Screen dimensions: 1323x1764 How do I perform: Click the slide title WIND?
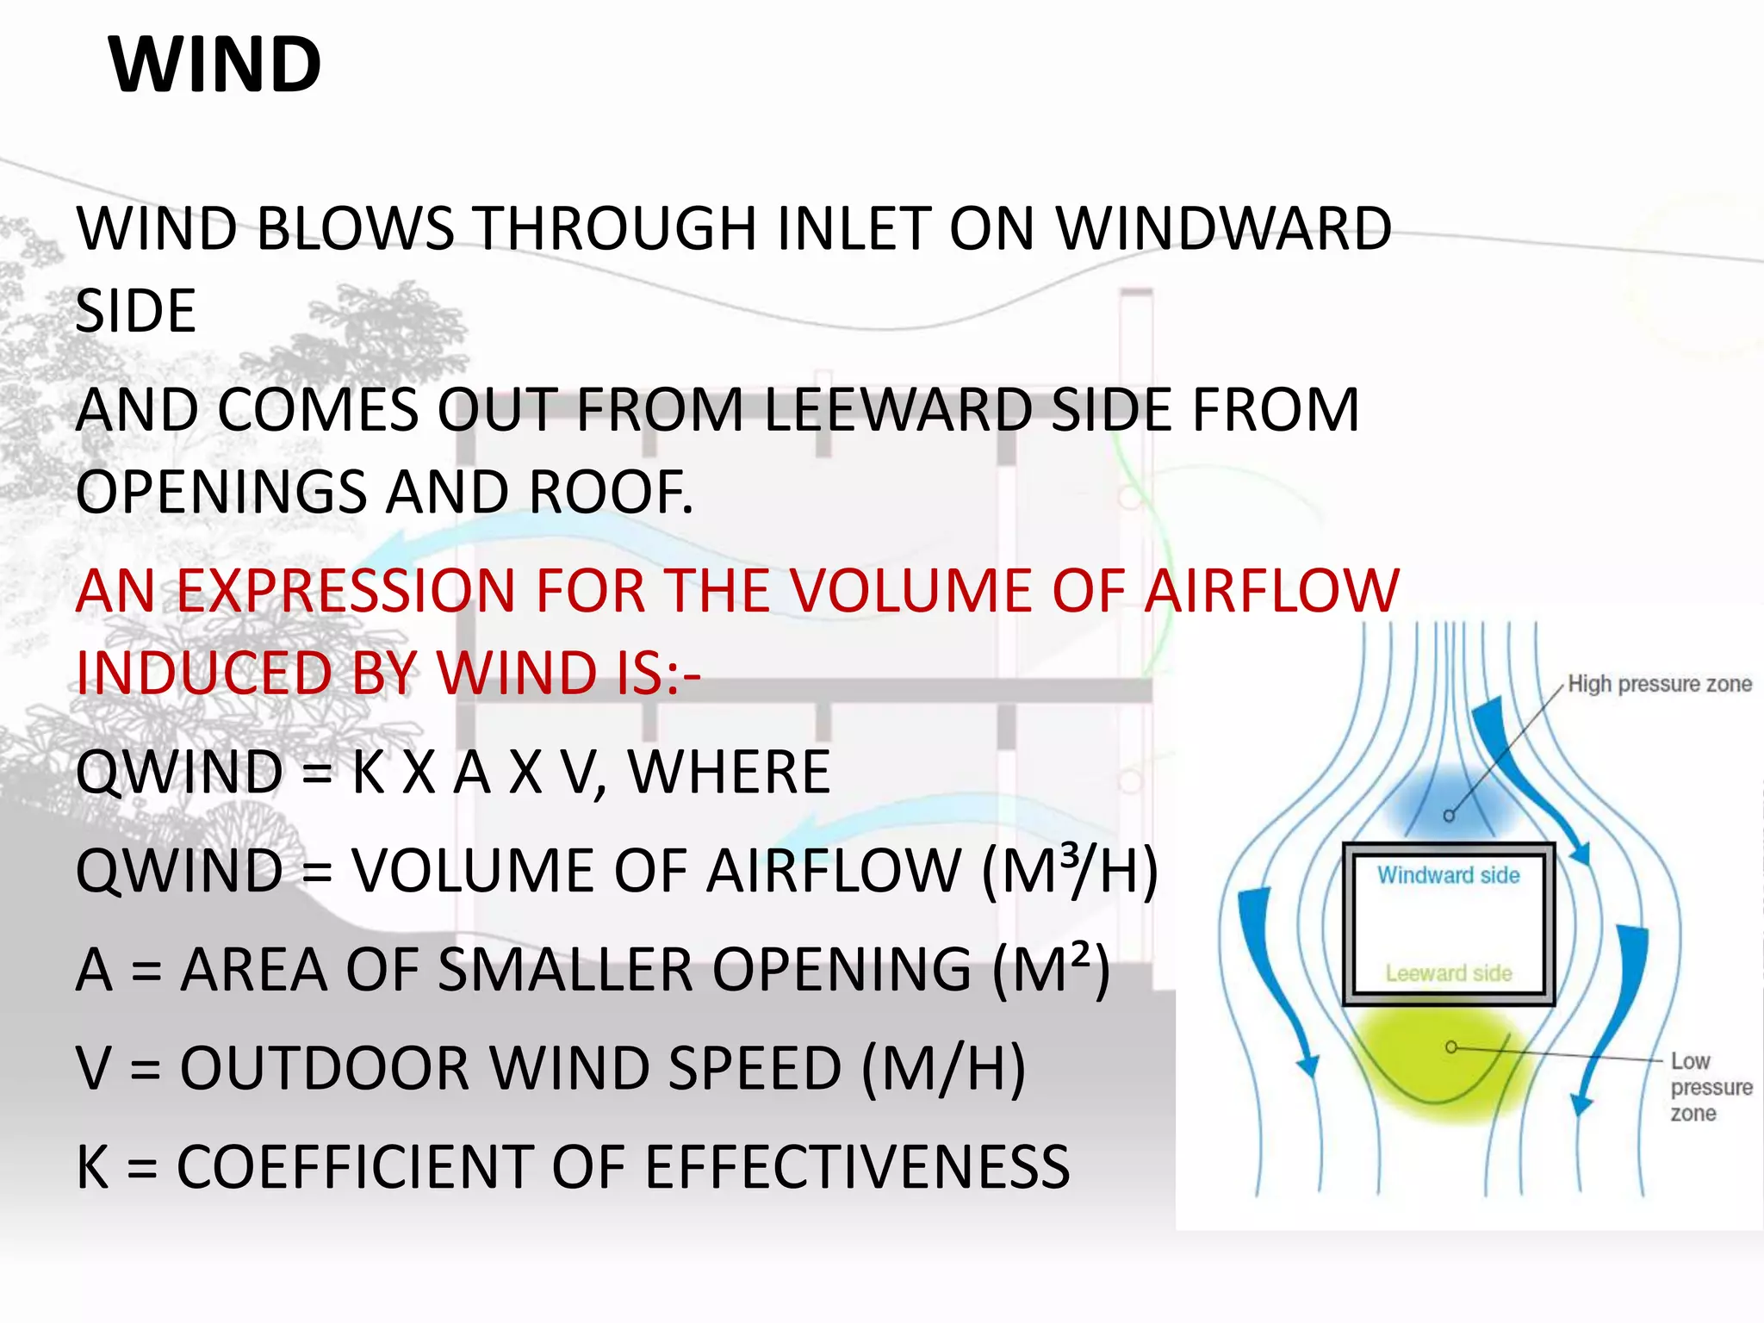(215, 65)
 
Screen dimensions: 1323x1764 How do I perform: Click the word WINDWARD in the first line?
(1223, 229)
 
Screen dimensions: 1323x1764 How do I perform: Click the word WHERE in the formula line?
(729, 773)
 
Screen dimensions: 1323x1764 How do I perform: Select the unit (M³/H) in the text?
(1070, 872)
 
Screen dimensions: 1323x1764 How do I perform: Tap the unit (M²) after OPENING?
(1051, 971)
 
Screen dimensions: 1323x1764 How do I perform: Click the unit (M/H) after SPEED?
(943, 1069)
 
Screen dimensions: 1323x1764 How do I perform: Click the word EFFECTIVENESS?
(856, 1168)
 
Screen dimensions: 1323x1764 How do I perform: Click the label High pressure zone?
(1659, 684)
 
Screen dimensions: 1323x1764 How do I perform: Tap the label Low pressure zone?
(1709, 1087)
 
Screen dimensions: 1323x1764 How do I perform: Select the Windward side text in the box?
(1448, 875)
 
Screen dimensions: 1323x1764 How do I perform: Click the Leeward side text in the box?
(1449, 973)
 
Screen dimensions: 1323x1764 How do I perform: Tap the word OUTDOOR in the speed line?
(325, 1069)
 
